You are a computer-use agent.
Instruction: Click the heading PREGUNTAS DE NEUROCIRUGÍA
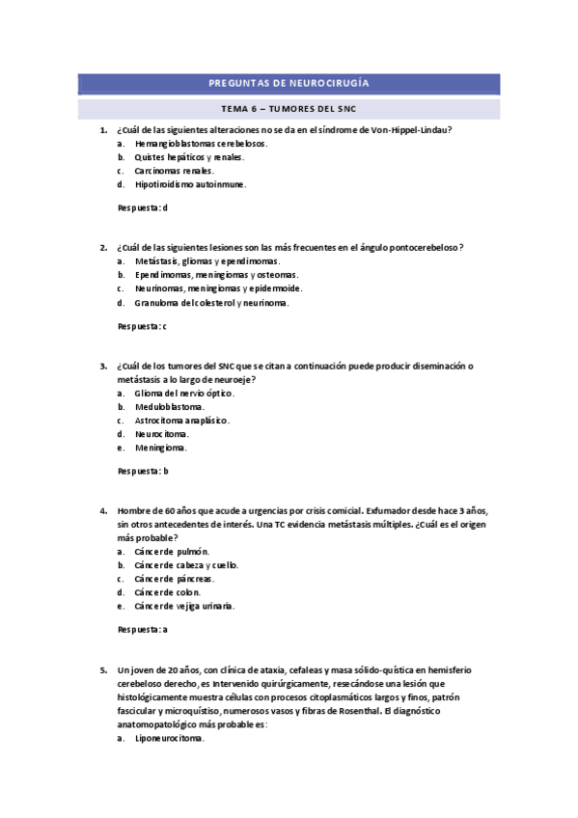(289, 84)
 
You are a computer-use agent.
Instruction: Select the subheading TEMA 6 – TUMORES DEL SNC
(289, 108)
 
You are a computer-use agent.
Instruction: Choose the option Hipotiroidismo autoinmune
(190, 183)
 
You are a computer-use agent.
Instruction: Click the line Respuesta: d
(142, 207)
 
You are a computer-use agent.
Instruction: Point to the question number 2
(103, 247)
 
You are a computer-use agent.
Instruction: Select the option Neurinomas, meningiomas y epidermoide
(218, 287)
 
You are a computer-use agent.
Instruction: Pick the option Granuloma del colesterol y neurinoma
(211, 302)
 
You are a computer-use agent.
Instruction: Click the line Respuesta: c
(142, 326)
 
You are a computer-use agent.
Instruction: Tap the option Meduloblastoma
(169, 407)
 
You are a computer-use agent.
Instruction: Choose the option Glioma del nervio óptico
(183, 393)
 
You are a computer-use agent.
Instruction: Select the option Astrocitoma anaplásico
(181, 421)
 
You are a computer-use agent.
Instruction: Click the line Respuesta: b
(142, 471)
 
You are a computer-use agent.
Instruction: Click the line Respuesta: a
(142, 630)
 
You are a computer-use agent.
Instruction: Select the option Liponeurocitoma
(169, 738)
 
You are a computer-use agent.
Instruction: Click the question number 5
(103, 669)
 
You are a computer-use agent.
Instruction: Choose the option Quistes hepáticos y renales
(189, 156)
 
